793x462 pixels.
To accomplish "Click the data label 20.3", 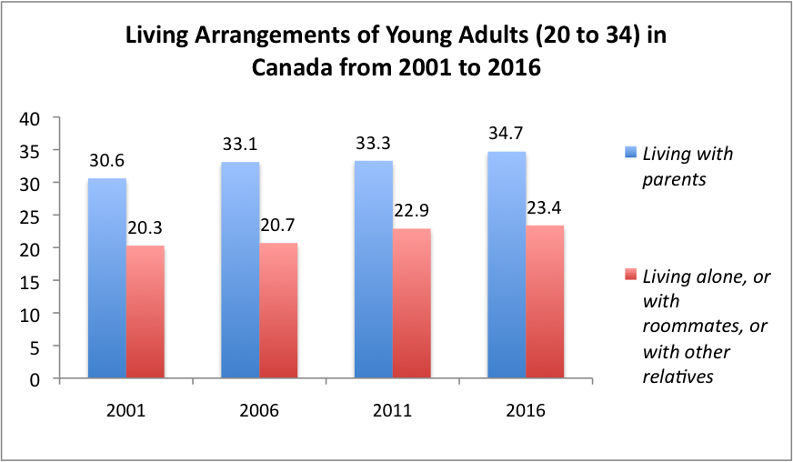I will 146,231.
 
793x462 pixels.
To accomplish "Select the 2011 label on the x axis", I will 393,411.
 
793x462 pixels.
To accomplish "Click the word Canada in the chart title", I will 295,70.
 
